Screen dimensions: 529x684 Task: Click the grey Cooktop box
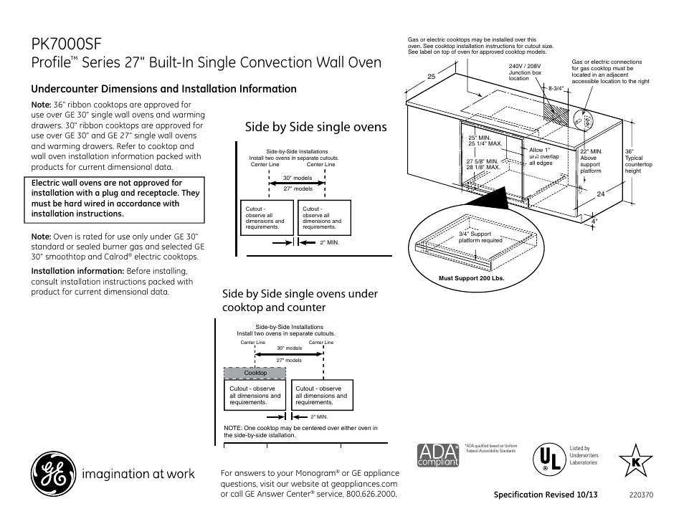click(x=255, y=373)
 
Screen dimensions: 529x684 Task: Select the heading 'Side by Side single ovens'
click(x=315, y=127)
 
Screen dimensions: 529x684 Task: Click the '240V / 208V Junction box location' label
click(x=525, y=72)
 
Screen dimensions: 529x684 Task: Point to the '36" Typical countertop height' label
click(x=638, y=161)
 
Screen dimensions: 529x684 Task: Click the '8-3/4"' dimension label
click(x=557, y=88)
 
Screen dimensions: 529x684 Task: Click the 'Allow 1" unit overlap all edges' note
click(x=543, y=157)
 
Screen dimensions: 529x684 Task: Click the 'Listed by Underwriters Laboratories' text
click(x=584, y=455)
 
